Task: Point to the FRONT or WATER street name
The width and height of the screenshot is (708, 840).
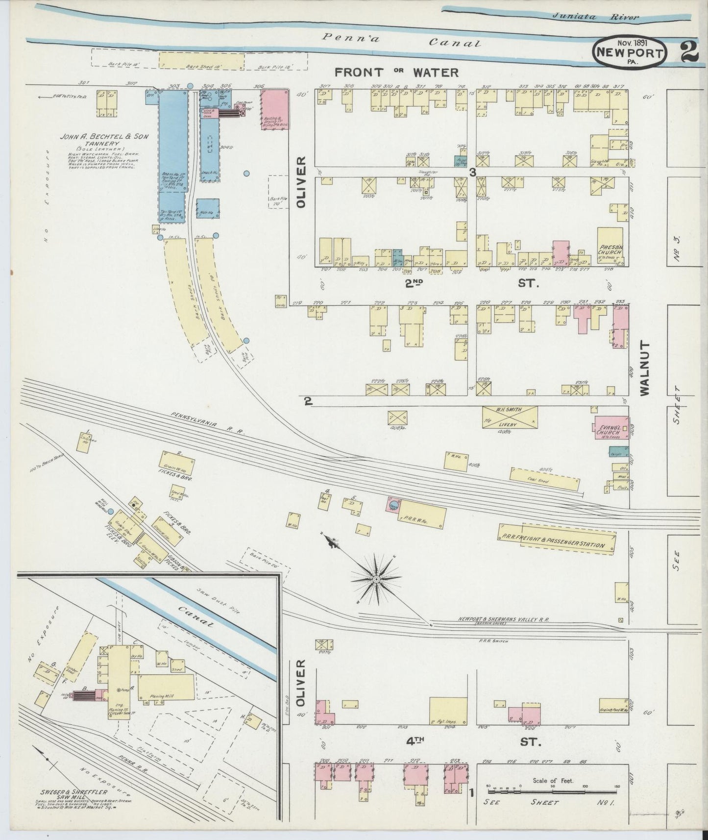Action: pyautogui.click(x=396, y=73)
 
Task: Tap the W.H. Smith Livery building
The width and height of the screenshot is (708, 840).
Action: pyautogui.click(x=510, y=418)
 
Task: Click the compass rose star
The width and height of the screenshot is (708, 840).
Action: pyautogui.click(x=376, y=579)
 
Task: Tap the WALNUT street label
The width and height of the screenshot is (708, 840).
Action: pyautogui.click(x=644, y=369)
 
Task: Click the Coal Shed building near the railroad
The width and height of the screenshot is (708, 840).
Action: pyautogui.click(x=544, y=478)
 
